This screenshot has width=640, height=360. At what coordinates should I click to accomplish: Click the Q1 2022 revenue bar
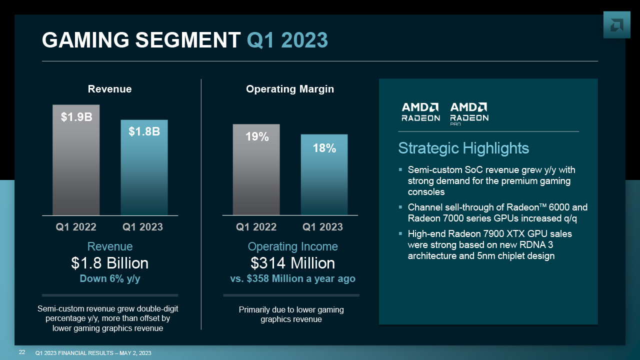(76, 165)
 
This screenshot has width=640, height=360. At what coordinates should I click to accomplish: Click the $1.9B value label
(76, 117)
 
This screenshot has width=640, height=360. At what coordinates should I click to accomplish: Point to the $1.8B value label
(144, 131)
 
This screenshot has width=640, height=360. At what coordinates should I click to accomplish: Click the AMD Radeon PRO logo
(469, 113)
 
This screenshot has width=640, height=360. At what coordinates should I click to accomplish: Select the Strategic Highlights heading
(463, 148)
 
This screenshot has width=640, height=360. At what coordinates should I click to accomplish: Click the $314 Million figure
(292, 263)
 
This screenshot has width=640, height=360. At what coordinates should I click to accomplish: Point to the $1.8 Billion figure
(110, 263)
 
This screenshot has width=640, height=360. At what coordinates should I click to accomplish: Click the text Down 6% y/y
(110, 279)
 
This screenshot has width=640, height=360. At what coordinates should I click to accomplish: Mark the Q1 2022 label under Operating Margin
(256, 227)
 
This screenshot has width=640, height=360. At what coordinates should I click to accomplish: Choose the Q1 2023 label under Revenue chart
(143, 227)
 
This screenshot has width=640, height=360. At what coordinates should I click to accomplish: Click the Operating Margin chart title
(290, 89)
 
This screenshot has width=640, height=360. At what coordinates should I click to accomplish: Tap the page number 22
(22, 352)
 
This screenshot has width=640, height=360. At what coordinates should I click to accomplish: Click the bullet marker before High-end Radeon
(400, 233)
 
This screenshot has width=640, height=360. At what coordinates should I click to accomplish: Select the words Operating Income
(292, 246)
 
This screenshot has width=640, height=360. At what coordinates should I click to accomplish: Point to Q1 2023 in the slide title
(287, 40)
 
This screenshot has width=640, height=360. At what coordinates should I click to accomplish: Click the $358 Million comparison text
(292, 279)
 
